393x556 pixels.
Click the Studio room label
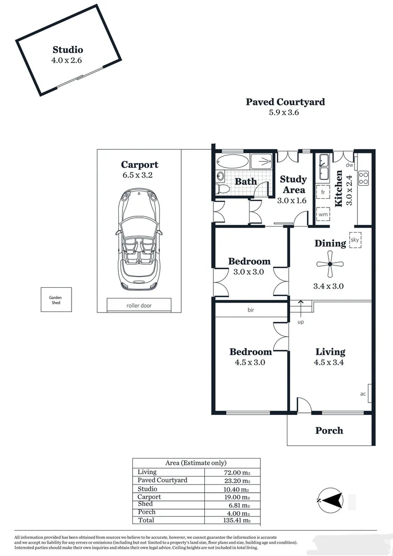click(x=67, y=50)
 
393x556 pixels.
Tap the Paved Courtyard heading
click(x=285, y=101)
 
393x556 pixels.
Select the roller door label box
click(x=139, y=305)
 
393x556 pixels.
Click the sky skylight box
click(x=354, y=240)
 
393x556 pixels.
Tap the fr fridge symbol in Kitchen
click(x=323, y=192)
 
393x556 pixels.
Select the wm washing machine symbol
click(x=323, y=214)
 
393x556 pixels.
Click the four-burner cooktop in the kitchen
click(x=363, y=178)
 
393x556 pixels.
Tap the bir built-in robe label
click(x=251, y=310)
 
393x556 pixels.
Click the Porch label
click(x=329, y=430)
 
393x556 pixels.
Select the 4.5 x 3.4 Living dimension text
click(x=330, y=362)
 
